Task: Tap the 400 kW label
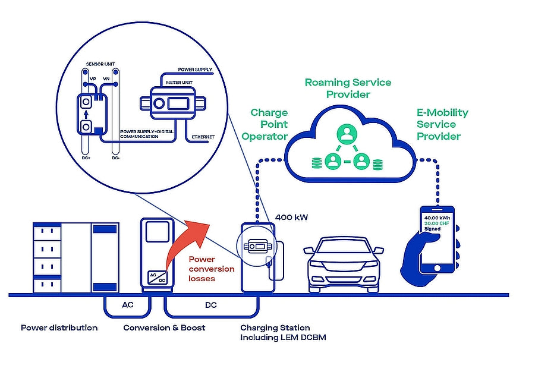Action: coord(291,218)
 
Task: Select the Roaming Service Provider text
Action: coord(348,89)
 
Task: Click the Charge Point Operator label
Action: coord(266,124)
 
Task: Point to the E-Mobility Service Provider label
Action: coord(442,124)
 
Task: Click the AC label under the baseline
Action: coord(127,305)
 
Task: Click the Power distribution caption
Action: coord(59,327)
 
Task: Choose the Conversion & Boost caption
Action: coord(164,327)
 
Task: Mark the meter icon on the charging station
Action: coord(257,246)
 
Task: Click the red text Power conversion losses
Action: coord(212,269)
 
